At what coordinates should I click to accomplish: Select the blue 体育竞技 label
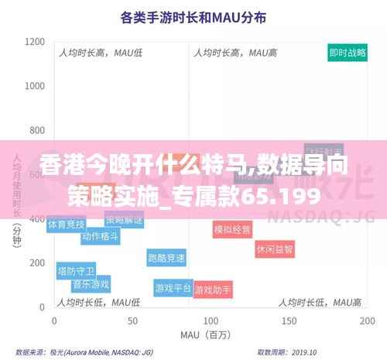click(x=67, y=225)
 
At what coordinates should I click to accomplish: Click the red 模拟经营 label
click(x=232, y=229)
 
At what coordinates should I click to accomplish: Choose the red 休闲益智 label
click(x=276, y=249)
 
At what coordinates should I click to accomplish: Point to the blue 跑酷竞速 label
click(x=166, y=258)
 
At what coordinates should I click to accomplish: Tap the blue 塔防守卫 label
click(x=76, y=271)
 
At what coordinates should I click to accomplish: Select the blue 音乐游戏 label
click(x=91, y=284)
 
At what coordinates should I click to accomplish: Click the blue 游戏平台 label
click(x=173, y=288)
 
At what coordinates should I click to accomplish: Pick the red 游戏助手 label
click(x=213, y=290)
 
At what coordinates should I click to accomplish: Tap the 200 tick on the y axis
click(x=37, y=262)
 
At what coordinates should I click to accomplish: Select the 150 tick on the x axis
click(x=289, y=320)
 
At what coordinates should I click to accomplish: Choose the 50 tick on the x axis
click(x=133, y=320)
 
